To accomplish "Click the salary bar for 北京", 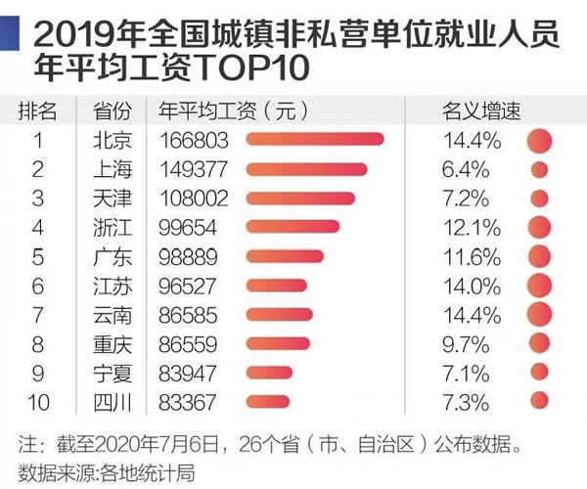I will click(315, 141).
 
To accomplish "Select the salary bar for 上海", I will click(306, 169).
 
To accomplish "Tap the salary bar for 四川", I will click(268, 400).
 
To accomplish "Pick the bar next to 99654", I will click(288, 227).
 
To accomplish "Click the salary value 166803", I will click(193, 141).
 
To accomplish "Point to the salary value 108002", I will click(193, 199).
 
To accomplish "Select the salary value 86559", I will click(188, 342).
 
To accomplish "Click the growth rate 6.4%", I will click(466, 169).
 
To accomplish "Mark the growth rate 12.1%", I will click(472, 227).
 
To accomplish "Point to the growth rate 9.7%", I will click(466, 342).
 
